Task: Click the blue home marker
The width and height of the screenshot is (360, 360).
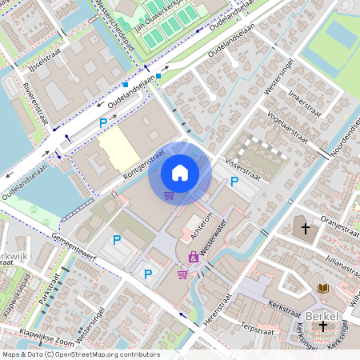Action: pos(180,172)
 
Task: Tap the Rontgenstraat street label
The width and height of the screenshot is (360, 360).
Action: pos(144,162)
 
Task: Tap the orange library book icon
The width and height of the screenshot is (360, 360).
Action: pos(323,288)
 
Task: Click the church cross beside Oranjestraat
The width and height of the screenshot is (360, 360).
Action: pos(305,228)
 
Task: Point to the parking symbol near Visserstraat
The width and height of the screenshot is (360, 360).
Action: pos(234,182)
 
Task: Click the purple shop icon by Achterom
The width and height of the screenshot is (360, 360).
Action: pos(193,257)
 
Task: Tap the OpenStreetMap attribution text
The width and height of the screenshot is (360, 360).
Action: pos(81,354)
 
